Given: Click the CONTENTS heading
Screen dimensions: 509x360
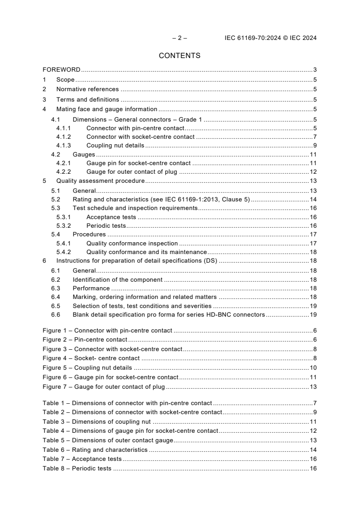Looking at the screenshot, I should (179, 56).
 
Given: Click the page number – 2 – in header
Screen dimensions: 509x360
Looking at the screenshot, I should (179, 38).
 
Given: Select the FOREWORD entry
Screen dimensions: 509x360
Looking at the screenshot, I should (61, 70).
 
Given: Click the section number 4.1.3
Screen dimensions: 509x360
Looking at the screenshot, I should (64, 146).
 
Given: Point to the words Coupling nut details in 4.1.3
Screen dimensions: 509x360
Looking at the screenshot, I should (115, 146).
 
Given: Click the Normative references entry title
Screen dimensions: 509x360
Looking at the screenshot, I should (87, 89).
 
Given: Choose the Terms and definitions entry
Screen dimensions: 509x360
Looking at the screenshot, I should (88, 99).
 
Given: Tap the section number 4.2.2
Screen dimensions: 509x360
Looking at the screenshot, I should (64, 172).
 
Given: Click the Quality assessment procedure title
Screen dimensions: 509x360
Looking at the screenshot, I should (100, 181).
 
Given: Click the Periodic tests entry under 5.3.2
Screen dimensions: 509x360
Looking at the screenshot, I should (106, 225).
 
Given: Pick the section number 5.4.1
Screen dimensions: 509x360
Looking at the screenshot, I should (64, 244).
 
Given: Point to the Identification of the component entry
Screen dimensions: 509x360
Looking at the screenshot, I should (118, 280).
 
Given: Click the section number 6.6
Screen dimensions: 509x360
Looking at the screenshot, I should (55, 314).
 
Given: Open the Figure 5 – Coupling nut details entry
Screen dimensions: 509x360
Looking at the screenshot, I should (87, 367).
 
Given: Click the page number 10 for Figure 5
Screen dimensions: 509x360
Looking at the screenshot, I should (313, 367).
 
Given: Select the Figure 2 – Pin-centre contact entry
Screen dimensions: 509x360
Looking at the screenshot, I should (85, 340).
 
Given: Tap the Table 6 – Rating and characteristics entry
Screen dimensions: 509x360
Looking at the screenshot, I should (95, 450).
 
